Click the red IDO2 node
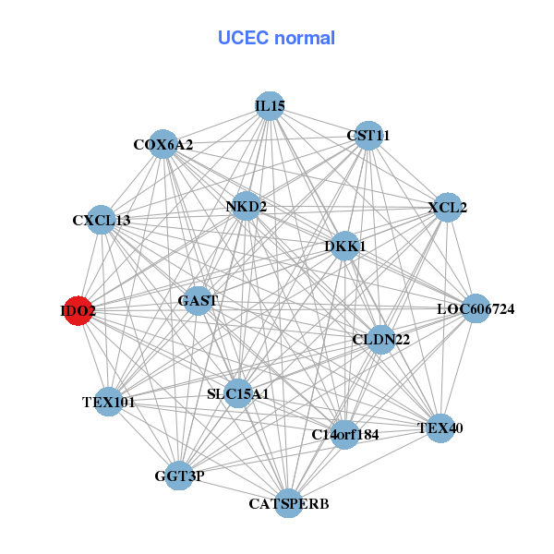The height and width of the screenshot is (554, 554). [78, 312]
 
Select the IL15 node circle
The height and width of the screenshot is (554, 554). [270, 106]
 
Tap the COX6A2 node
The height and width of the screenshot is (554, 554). [163, 144]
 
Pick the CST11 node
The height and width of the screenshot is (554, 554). [368, 136]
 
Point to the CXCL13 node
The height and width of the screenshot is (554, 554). [101, 220]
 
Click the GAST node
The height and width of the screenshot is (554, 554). [198, 301]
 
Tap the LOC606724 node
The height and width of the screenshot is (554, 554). [475, 308]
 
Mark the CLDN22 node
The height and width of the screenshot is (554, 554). [381, 340]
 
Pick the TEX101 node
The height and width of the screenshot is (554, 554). [109, 402]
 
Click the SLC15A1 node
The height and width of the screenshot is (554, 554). [238, 394]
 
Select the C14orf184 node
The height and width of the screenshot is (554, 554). [345, 434]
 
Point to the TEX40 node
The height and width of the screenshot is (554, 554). [440, 428]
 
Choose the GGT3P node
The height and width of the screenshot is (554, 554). [179, 476]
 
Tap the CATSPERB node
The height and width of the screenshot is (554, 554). [289, 503]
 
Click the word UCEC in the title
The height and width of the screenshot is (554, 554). [243, 38]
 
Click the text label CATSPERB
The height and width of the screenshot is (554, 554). [289, 504]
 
